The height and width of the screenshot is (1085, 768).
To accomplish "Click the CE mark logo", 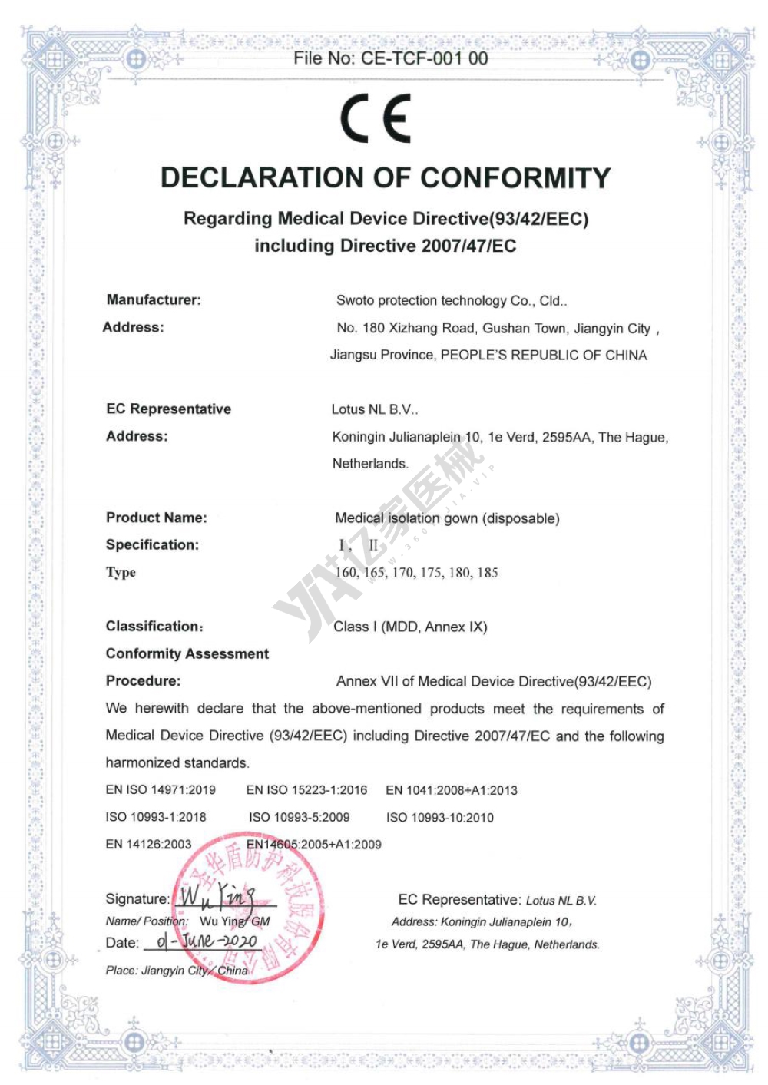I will click(376, 118).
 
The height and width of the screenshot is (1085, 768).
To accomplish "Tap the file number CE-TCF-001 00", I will click(390, 58).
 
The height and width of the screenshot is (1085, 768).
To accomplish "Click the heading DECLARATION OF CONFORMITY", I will click(385, 178).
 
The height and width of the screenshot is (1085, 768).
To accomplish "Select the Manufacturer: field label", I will click(154, 300).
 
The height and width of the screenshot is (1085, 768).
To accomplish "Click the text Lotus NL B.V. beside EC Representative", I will click(374, 409).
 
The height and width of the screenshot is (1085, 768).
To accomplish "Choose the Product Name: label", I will click(157, 518).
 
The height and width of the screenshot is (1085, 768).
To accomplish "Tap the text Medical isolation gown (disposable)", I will click(447, 518).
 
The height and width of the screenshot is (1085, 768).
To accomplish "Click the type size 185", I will click(487, 573).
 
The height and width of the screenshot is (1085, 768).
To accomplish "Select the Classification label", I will click(154, 627).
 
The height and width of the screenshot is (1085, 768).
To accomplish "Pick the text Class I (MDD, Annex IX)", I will click(410, 627).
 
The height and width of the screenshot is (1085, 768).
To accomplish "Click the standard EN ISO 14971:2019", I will click(161, 790).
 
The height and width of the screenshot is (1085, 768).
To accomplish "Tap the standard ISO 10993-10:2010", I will click(439, 818).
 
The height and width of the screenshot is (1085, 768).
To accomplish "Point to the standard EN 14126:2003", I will click(148, 845).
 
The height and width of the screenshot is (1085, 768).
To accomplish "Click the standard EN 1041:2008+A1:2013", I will click(451, 790).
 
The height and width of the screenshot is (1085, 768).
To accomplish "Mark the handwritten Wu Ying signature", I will click(217, 896).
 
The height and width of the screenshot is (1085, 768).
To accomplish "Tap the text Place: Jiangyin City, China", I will click(177, 971).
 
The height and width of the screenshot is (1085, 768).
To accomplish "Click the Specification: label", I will click(152, 545).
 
